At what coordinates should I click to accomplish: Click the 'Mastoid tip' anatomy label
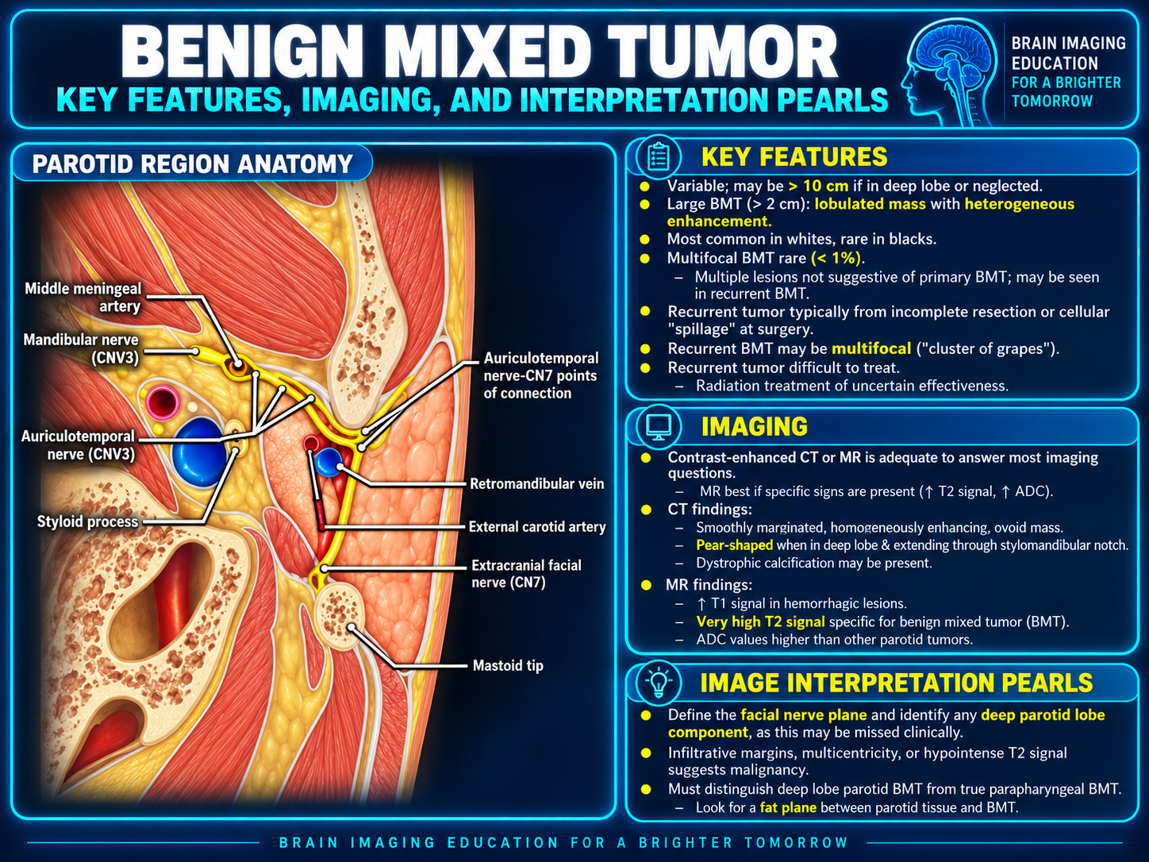tap(508, 665)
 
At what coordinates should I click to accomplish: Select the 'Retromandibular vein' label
tap(536, 483)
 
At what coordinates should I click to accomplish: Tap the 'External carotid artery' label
tap(537, 526)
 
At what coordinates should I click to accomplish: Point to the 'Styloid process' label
tap(87, 521)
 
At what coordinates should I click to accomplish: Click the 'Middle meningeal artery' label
tap(83, 298)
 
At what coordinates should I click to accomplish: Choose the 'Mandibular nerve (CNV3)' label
tap(81, 348)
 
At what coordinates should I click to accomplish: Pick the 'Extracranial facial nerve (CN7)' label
tap(526, 574)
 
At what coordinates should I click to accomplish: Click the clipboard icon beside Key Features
tap(658, 157)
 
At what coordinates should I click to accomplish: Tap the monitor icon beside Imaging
tap(658, 427)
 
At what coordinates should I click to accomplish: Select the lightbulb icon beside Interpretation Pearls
tap(659, 683)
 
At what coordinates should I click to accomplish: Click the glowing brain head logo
tap(948, 72)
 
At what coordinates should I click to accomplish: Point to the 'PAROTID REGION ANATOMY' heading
tap(192, 164)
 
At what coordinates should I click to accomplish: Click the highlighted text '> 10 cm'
tap(818, 186)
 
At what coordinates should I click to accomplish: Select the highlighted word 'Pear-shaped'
tap(735, 545)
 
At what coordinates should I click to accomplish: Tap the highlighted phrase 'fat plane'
tap(788, 807)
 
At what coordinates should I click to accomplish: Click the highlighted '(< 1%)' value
tap(836, 258)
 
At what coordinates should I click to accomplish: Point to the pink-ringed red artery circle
tap(163, 402)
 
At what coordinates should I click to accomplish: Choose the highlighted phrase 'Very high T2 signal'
tap(760, 621)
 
